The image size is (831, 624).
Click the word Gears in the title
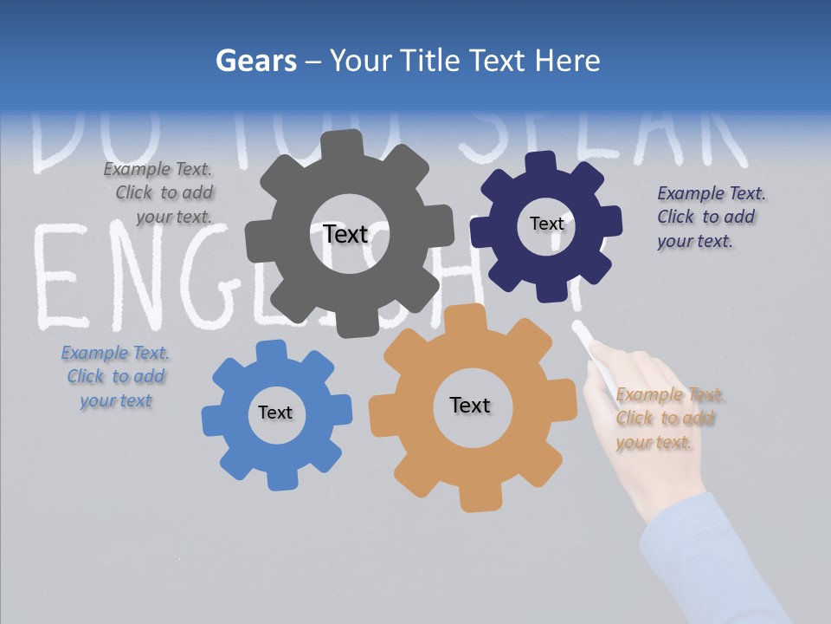tap(255, 61)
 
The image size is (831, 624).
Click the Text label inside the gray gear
tap(345, 234)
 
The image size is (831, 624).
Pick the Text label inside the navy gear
tap(546, 224)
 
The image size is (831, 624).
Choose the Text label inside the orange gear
tap(470, 405)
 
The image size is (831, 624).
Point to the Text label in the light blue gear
tap(275, 413)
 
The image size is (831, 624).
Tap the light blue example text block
tap(115, 377)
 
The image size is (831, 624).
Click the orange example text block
tap(668, 419)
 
